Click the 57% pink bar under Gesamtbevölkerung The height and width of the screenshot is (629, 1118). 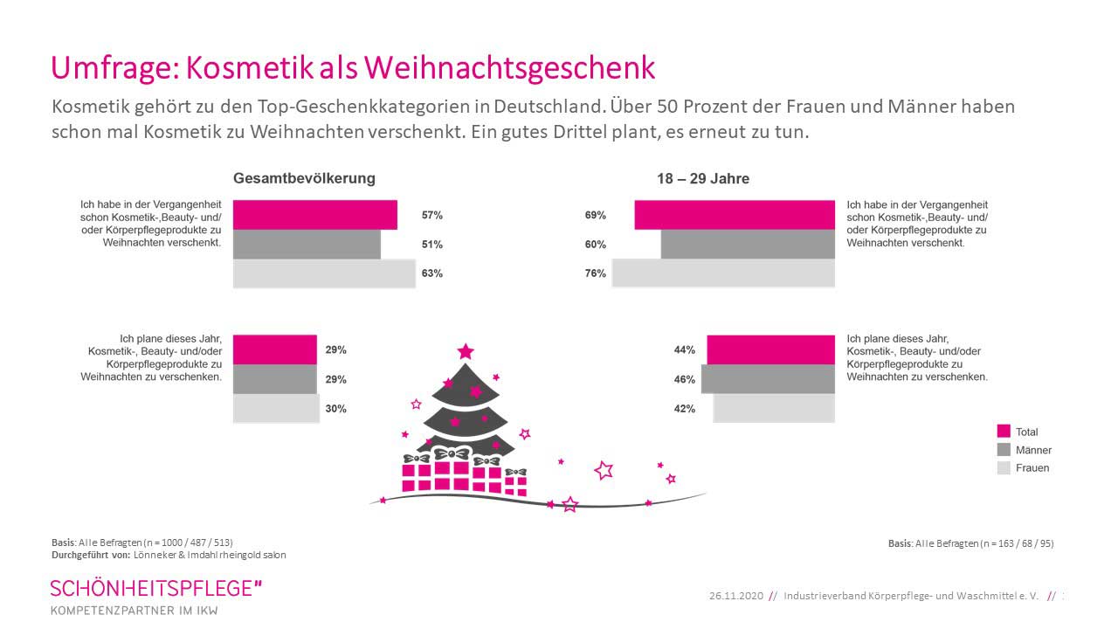point(314,215)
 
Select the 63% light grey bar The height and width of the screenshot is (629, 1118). point(323,273)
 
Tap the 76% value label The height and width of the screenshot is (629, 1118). point(596,273)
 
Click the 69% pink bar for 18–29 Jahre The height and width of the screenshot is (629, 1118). point(734,215)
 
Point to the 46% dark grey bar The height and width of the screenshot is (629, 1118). point(768,379)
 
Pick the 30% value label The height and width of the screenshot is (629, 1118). point(336,408)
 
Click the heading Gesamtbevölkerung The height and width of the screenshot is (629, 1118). point(304,178)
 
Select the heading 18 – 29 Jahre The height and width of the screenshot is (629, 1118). point(703,179)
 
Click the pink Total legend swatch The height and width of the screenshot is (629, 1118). point(1004,432)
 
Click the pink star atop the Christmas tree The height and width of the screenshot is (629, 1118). point(466,352)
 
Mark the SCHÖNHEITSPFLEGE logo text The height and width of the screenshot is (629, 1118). point(155,588)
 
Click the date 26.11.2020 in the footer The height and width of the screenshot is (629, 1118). point(735,596)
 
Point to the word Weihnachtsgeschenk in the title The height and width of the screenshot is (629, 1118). point(508,67)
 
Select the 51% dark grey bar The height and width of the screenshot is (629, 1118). point(307,245)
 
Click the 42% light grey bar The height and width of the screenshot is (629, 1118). point(774,408)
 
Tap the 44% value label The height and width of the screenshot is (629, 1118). point(685,349)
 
